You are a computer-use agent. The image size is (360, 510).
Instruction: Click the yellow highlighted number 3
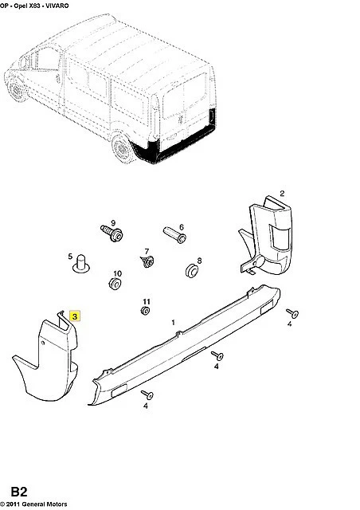tap(75, 316)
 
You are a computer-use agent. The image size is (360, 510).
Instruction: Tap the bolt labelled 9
tap(112, 233)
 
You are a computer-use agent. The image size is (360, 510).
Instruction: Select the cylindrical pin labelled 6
tap(174, 235)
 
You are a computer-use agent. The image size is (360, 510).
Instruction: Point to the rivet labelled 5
tap(81, 264)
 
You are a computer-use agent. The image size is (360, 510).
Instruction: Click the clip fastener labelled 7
tap(147, 261)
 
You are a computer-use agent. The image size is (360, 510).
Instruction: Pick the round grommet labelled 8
tap(192, 271)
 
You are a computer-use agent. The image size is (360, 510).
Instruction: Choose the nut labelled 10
tap(115, 284)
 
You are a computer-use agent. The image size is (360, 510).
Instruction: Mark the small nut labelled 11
tap(145, 311)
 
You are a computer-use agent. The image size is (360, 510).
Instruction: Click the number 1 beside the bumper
tap(174, 322)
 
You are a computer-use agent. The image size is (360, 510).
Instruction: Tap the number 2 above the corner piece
tap(282, 193)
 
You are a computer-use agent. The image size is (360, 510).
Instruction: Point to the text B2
tap(19, 492)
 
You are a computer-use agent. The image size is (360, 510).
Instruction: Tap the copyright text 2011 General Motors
tap(37, 504)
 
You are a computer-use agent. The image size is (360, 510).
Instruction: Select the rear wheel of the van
tap(123, 148)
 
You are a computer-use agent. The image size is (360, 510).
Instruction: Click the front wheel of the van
tap(16, 88)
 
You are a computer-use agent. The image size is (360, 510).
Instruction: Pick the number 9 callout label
tap(113, 223)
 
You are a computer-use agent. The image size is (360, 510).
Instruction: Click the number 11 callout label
tap(147, 302)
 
